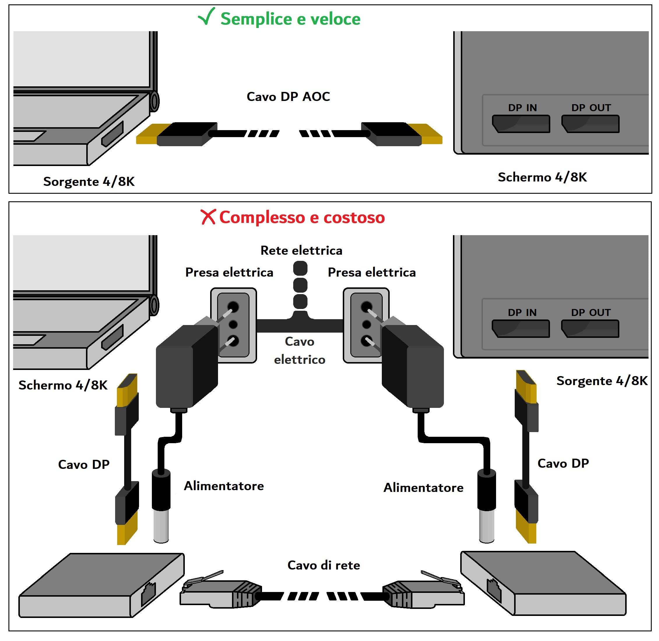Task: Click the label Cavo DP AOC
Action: [288, 97]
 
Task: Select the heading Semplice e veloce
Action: [290, 19]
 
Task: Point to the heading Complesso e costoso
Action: [302, 217]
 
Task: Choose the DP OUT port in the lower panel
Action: [590, 329]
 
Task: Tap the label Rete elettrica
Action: [301, 250]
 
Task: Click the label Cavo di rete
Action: [324, 565]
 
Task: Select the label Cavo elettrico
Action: [299, 350]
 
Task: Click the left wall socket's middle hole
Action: [233, 324]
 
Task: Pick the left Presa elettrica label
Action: [229, 272]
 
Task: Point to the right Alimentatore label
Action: [423, 488]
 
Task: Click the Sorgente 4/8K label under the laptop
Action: [89, 181]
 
